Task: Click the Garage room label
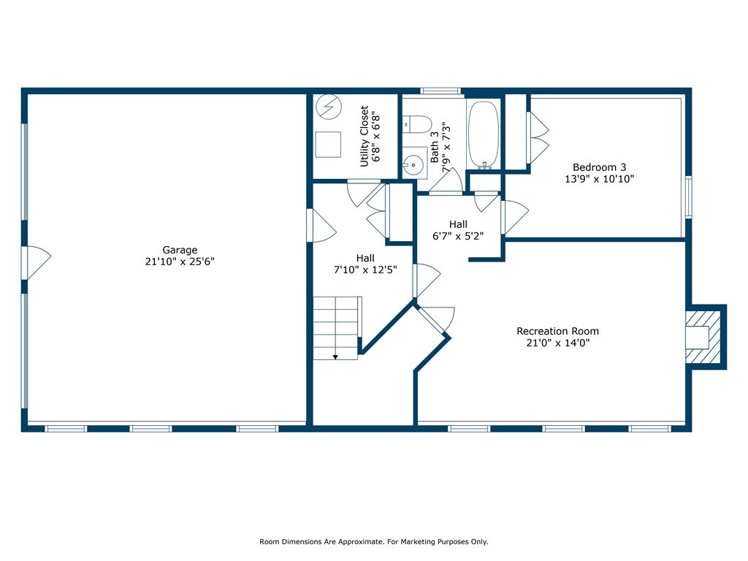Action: [x=180, y=250]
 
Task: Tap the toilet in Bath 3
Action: [x=417, y=124]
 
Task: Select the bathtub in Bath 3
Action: [x=484, y=135]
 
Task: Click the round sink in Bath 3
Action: [x=413, y=165]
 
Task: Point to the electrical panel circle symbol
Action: [x=329, y=107]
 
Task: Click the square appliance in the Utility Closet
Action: [x=328, y=145]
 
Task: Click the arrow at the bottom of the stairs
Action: [x=335, y=356]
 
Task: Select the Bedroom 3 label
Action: [x=599, y=167]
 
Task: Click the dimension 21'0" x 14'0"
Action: [x=557, y=343]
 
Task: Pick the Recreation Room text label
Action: [x=557, y=331]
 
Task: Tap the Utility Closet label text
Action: [x=364, y=137]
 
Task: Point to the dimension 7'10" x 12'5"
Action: [x=365, y=270]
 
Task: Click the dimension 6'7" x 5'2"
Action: [x=458, y=236]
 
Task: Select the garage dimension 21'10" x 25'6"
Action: [x=180, y=262]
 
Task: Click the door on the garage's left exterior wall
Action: [x=36, y=263]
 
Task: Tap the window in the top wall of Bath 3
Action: [x=440, y=91]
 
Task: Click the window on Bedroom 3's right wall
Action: [x=688, y=197]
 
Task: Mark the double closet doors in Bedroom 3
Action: [x=538, y=138]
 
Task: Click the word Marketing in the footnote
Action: [x=417, y=542]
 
